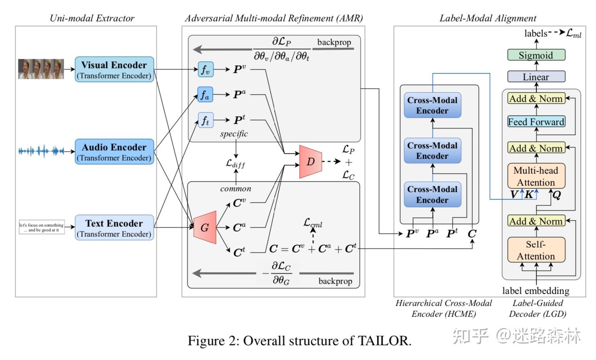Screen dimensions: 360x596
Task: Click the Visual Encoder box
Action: [114, 69]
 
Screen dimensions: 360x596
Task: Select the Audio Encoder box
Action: [114, 152]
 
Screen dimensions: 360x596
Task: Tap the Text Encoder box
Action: [114, 228]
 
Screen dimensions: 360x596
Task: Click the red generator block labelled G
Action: [205, 227]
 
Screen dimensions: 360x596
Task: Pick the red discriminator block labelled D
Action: [310, 162]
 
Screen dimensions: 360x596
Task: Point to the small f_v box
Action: [205, 69]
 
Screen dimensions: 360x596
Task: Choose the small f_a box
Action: [205, 95]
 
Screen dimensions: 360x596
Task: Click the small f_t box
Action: [205, 120]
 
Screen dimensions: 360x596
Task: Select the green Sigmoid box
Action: [536, 55]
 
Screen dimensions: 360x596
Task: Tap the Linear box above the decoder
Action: [536, 77]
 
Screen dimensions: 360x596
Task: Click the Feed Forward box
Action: [536, 121]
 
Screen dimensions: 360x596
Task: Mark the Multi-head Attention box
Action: [536, 176]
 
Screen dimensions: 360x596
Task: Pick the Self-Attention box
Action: [536, 250]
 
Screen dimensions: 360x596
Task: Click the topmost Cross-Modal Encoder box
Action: [432, 105]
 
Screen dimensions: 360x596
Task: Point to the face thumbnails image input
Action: [41, 69]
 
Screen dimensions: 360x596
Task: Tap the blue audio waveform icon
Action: [41, 151]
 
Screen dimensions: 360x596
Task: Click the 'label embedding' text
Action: [536, 290]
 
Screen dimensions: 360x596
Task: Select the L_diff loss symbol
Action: [235, 163]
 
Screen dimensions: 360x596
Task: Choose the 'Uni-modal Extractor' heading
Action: [92, 18]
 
